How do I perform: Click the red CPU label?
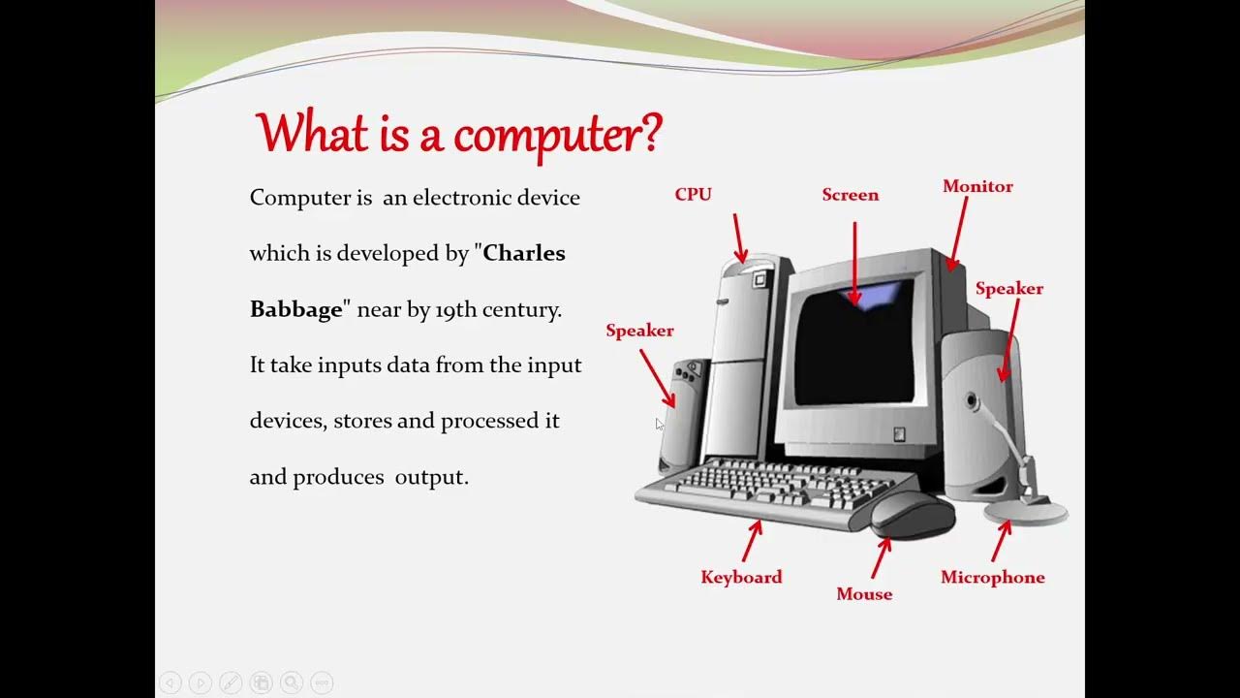point(693,195)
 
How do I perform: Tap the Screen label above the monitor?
point(850,195)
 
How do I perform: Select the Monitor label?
point(977,186)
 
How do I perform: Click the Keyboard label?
point(741,577)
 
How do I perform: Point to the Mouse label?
point(864,593)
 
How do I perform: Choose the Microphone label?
point(992,577)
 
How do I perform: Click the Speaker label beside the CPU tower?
point(639,331)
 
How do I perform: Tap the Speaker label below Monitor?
point(1008,288)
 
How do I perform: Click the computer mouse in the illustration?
point(911,514)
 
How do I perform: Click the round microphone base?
point(1025,511)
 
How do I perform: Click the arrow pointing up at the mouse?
point(881,556)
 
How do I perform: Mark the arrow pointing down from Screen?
point(854,262)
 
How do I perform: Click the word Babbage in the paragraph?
point(296,310)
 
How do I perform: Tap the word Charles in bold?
point(523,254)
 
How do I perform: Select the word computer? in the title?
point(560,134)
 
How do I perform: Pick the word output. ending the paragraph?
point(431,478)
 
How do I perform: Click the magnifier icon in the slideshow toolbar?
point(292,682)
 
